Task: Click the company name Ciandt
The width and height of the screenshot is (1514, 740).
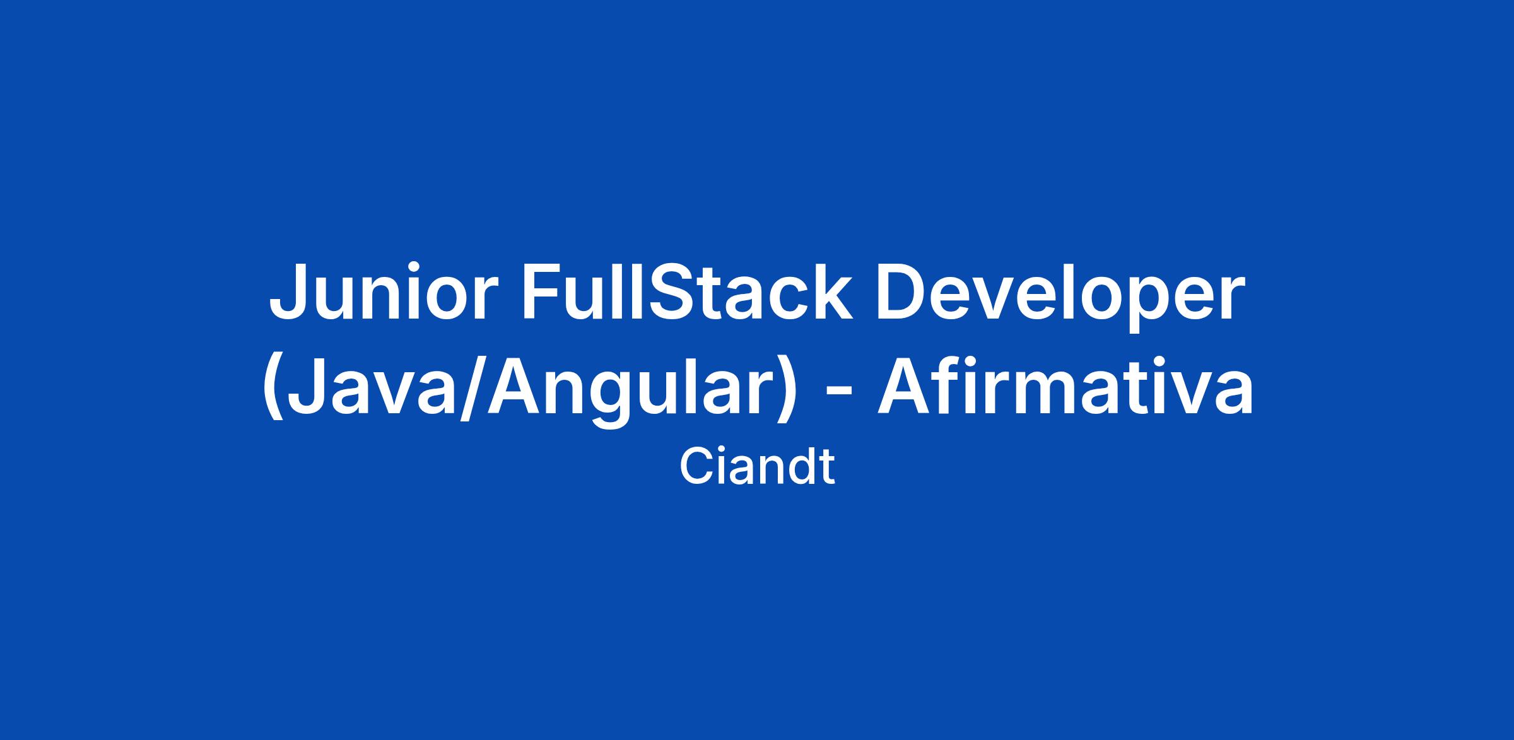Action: pyautogui.click(x=757, y=467)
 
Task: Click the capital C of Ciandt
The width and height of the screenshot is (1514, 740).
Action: pyautogui.click(x=695, y=467)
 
